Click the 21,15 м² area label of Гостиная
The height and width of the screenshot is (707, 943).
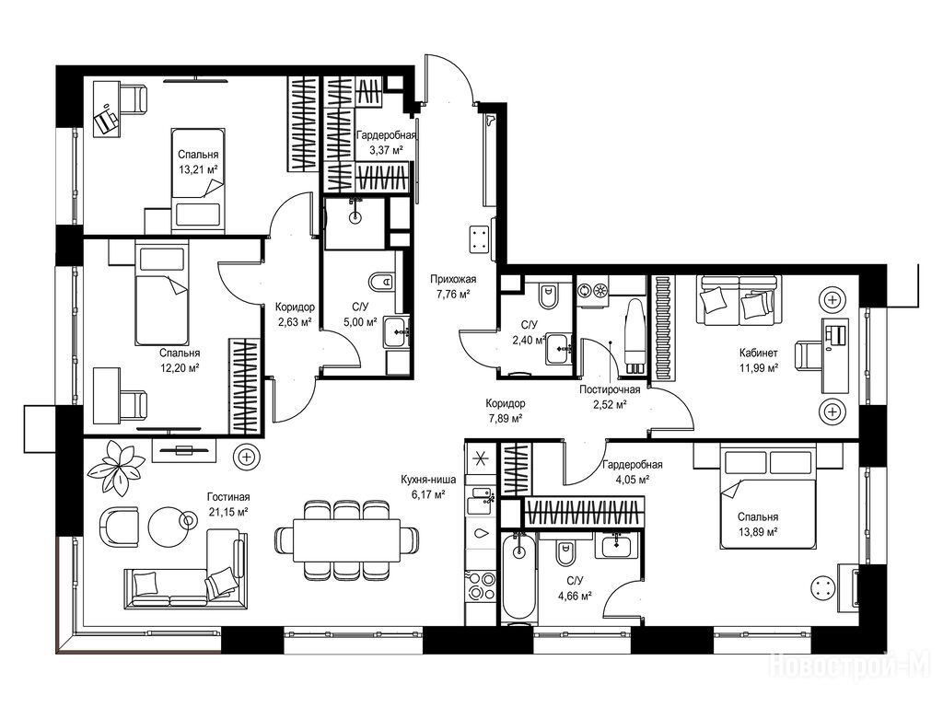coord(228,512)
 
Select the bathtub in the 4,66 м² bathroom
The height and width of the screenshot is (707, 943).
coord(518,577)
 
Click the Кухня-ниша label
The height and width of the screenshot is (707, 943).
coord(428,480)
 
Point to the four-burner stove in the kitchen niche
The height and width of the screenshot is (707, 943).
coord(480,585)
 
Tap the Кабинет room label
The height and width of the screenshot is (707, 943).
coord(759,353)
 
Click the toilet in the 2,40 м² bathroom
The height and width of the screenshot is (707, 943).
coord(547,296)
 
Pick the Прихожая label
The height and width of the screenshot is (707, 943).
coord(453,279)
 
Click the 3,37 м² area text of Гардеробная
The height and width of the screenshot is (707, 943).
coord(386,150)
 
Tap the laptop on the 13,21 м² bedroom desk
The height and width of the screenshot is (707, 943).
coord(107,120)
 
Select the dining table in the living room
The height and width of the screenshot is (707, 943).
coord(347,539)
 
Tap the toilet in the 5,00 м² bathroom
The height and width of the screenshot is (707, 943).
coord(380,282)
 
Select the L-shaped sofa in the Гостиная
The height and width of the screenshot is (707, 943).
coord(184,572)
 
